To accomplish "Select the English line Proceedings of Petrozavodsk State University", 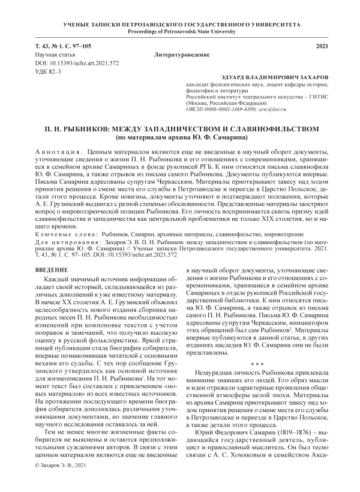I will point(180,32).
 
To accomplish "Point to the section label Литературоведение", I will point(182,55).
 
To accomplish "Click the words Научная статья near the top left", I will point(52,55).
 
